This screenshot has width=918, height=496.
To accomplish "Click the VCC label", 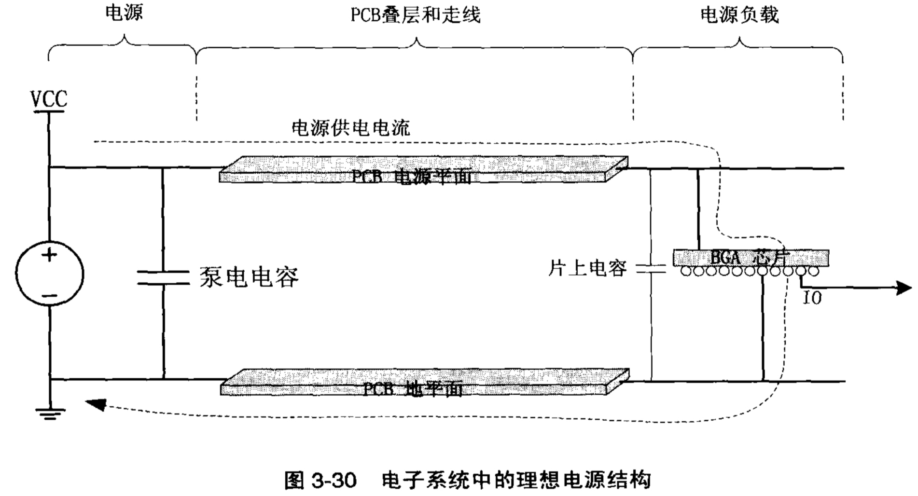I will [49, 99].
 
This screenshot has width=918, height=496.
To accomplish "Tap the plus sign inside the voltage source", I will [49, 254].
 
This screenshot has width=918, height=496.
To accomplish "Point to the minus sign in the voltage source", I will [49, 295].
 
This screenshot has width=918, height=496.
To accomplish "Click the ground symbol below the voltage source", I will [50, 413].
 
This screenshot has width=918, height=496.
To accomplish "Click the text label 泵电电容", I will [249, 277].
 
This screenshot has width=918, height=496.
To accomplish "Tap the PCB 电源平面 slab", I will [423, 170].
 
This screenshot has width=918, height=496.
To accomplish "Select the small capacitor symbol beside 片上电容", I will [651, 269].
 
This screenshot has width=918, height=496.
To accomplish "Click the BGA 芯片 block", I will [751, 258].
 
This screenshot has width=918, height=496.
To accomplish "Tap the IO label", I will [812, 298].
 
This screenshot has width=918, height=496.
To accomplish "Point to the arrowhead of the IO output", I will [904, 288].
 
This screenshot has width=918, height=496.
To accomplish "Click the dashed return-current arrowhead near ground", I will [95, 404].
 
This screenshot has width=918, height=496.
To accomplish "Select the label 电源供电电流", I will [351, 128].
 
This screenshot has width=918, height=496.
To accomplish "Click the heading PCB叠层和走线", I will [415, 15].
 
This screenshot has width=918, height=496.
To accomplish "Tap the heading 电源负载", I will [739, 15].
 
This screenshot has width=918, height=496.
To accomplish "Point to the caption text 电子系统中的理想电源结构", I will [516, 480].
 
